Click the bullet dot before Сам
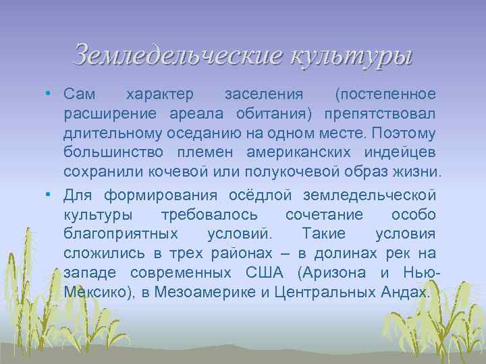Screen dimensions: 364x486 click(x=49, y=92)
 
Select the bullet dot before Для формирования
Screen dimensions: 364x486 click(x=49, y=195)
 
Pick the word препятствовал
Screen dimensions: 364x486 click(x=380, y=111)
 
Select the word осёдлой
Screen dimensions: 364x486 click(x=264, y=195)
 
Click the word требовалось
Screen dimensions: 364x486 click(x=209, y=214)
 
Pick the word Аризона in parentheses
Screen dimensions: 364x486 click(x=333, y=273)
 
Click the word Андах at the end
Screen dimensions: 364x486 click(x=406, y=293)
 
